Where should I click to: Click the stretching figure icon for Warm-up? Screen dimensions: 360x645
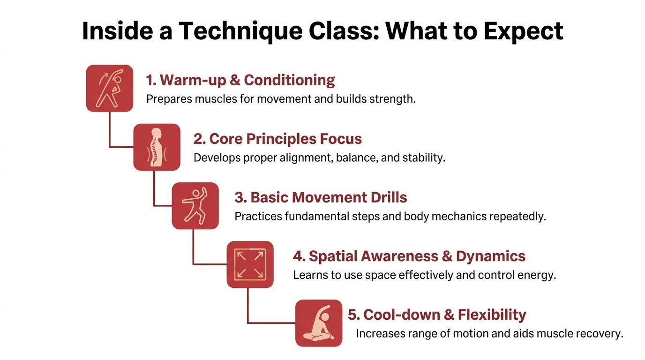pos(110,88)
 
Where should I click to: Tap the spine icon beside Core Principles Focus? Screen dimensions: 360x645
pos(157,147)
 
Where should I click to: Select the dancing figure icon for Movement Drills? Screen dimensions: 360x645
pos(195,205)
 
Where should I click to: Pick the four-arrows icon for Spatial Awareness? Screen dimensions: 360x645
pos(250,264)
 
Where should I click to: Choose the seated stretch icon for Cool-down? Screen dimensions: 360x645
pos(319,322)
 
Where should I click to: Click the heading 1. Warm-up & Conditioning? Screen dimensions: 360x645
pos(240,80)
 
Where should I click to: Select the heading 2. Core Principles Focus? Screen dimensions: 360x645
pos(277,139)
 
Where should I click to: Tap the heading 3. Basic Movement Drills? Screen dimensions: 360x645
pos(321,197)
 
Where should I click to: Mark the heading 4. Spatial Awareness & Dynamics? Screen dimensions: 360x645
pos(409,256)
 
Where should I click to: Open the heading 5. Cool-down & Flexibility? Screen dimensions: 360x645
pos(437,315)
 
